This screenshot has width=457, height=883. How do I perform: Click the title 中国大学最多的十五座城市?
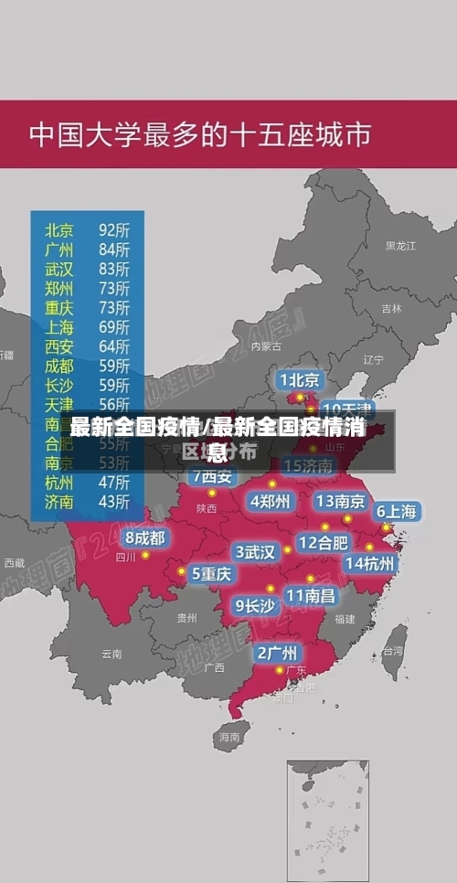pyautogui.click(x=200, y=134)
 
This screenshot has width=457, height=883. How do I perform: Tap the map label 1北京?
pyautogui.click(x=299, y=379)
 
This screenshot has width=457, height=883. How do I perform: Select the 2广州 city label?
pyautogui.click(x=276, y=653)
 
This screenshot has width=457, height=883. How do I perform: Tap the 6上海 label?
pyautogui.click(x=397, y=512)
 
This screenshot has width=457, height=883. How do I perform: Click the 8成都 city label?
pyautogui.click(x=145, y=538)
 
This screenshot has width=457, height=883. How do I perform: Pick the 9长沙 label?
pyautogui.click(x=255, y=605)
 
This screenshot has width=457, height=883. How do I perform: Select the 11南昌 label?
pyautogui.click(x=310, y=595)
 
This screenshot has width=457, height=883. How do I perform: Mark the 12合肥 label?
pyautogui.click(x=324, y=542)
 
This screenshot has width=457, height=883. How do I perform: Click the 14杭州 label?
pyautogui.click(x=369, y=563)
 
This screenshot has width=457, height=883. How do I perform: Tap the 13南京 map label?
pyautogui.click(x=340, y=501)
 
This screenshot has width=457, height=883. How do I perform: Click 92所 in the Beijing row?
pyautogui.click(x=114, y=229)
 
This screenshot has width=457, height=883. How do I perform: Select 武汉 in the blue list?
pyautogui.click(x=59, y=269)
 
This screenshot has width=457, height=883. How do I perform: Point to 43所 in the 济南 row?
pyautogui.click(x=114, y=501)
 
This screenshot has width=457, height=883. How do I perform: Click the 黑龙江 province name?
pyautogui.click(x=399, y=245)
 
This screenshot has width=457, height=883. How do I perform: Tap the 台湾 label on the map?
pyautogui.click(x=393, y=651)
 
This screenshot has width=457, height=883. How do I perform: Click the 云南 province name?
pyautogui.click(x=112, y=654)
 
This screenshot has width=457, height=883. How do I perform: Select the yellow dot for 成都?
pyautogui.click(x=145, y=555)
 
